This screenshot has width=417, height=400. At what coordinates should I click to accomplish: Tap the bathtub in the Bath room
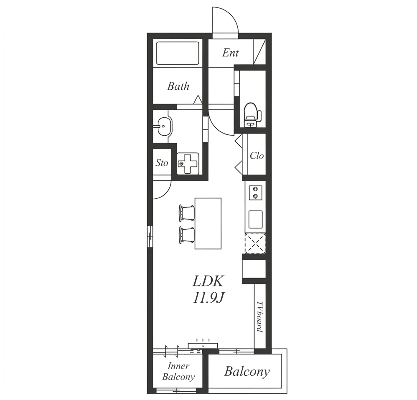tap(178, 53)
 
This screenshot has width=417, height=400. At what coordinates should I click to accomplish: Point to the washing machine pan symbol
tap(188, 163)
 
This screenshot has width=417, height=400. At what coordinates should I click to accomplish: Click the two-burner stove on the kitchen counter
tap(255, 192)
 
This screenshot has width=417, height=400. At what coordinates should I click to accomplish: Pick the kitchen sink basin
tap(255, 220)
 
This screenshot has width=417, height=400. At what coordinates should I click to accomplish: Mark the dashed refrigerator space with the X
tap(255, 243)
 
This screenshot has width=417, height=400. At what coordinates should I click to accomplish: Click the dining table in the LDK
tap(208, 223)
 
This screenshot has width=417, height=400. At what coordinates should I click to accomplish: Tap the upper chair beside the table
tap(187, 213)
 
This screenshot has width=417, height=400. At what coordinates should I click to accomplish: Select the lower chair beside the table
tap(187, 234)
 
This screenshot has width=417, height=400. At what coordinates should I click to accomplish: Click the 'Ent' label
tap(231, 53)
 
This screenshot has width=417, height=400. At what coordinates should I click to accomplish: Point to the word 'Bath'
tap(178, 86)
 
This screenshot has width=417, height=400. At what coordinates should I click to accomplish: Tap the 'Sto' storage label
tap(162, 163)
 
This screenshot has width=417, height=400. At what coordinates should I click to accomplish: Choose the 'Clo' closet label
tap(257, 155)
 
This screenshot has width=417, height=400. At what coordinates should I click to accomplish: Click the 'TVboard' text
tap(260, 317)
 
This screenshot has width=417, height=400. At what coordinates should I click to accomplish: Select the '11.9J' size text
tap(208, 299)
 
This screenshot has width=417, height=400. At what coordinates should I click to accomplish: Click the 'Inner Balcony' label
tap(178, 372)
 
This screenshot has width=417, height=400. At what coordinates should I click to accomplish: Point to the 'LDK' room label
tap(208, 281)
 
